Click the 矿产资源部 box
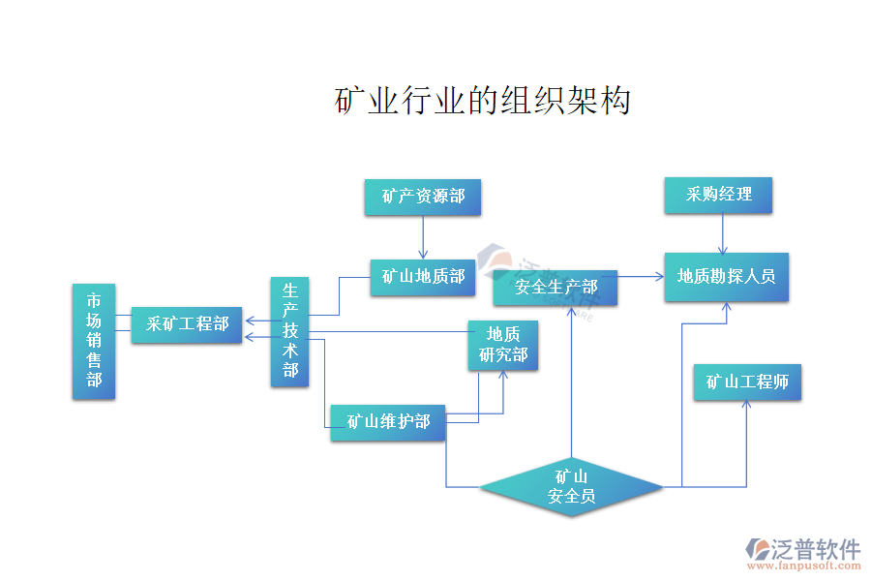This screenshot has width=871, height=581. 423,197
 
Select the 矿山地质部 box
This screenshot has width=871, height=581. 423,277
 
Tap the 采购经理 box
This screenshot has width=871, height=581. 719,195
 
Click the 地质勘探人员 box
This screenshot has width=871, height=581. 727,277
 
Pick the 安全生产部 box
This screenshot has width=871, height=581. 556,288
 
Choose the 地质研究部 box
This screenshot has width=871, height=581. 503,346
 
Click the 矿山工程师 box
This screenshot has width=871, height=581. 747,382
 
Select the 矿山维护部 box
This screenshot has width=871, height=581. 388,422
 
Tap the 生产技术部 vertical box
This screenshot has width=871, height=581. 290,332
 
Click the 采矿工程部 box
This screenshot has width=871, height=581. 187,324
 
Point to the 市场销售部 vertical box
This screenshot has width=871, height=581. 94,341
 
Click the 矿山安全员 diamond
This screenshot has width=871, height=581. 571,487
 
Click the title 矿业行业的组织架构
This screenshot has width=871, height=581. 483,101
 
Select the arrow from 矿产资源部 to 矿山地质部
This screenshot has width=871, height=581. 423,236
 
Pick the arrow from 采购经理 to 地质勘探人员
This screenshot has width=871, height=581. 724,232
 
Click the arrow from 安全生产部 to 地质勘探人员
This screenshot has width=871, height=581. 641,277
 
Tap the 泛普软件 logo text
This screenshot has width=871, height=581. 815,549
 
